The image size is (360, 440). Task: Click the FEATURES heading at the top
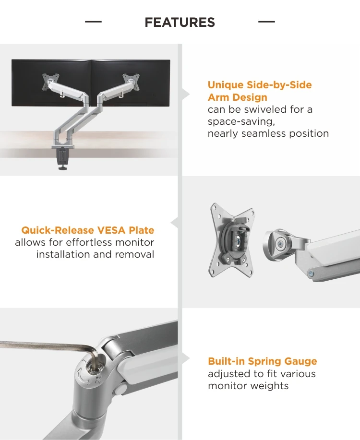(x=180, y=23)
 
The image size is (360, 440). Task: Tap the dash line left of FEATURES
(x=93, y=22)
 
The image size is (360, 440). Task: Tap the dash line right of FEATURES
(x=266, y=22)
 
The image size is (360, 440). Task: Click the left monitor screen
(x=51, y=83)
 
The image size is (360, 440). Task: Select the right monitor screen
(x=131, y=83)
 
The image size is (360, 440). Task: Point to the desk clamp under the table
(x=63, y=158)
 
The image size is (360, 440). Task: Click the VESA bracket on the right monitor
(x=131, y=82)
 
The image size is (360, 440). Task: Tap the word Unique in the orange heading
(x=225, y=85)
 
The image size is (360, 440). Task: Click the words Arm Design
(x=238, y=97)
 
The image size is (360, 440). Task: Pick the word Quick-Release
(x=58, y=230)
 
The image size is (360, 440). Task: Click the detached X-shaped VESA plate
(x=232, y=240)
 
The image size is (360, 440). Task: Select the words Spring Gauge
(x=282, y=361)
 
